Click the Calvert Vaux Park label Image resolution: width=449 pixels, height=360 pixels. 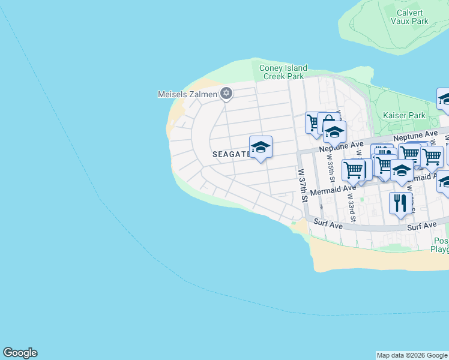[x=410, y=16]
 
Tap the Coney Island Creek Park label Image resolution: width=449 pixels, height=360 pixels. [x=283, y=72]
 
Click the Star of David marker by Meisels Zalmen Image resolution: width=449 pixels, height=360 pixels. [x=226, y=93]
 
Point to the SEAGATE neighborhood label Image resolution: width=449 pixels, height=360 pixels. [x=231, y=154]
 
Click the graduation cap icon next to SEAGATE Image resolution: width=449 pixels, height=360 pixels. [x=261, y=147]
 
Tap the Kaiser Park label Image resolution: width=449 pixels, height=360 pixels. [x=404, y=115]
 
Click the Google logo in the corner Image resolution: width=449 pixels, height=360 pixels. [x=20, y=353]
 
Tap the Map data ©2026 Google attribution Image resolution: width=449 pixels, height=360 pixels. [x=412, y=355]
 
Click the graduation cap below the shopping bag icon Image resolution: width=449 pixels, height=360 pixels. [x=335, y=131]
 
